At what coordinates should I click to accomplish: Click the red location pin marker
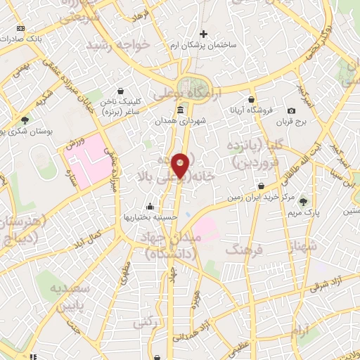click(180, 165)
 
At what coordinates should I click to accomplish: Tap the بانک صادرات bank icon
click(20, 29)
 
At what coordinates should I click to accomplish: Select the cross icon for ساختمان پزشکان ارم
click(204, 33)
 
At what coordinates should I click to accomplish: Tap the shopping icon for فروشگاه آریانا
click(251, 100)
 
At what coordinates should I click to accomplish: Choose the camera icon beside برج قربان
click(292, 110)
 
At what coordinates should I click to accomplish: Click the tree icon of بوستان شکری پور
click(25, 121)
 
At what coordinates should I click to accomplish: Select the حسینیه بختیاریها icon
click(150, 206)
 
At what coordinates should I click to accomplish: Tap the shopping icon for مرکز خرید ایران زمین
click(262, 186)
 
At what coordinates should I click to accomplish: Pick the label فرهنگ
click(245, 249)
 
